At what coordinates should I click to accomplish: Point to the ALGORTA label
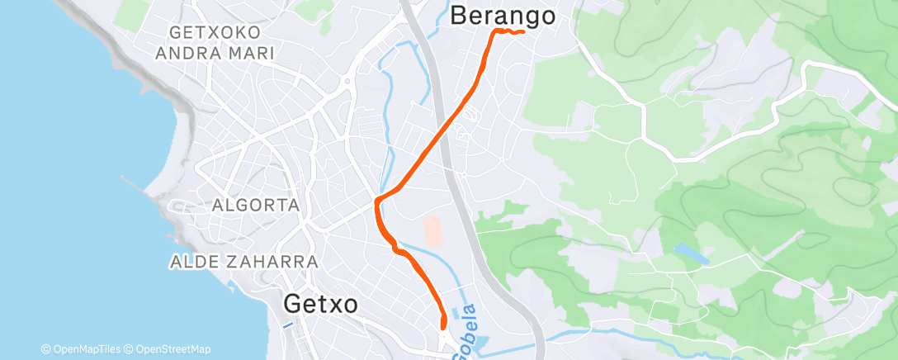pyautogui.click(x=254, y=206)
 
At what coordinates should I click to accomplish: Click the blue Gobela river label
pyautogui.click(x=467, y=327)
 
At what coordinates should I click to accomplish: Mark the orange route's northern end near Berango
pyautogui.click(x=523, y=32)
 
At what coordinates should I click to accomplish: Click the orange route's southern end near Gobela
pyautogui.click(x=444, y=328)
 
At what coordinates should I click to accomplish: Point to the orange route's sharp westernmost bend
pyautogui.click(x=377, y=201)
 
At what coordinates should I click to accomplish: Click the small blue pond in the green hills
pyautogui.click(x=690, y=253)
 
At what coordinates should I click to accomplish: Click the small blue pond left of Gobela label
pyautogui.click(x=453, y=315)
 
